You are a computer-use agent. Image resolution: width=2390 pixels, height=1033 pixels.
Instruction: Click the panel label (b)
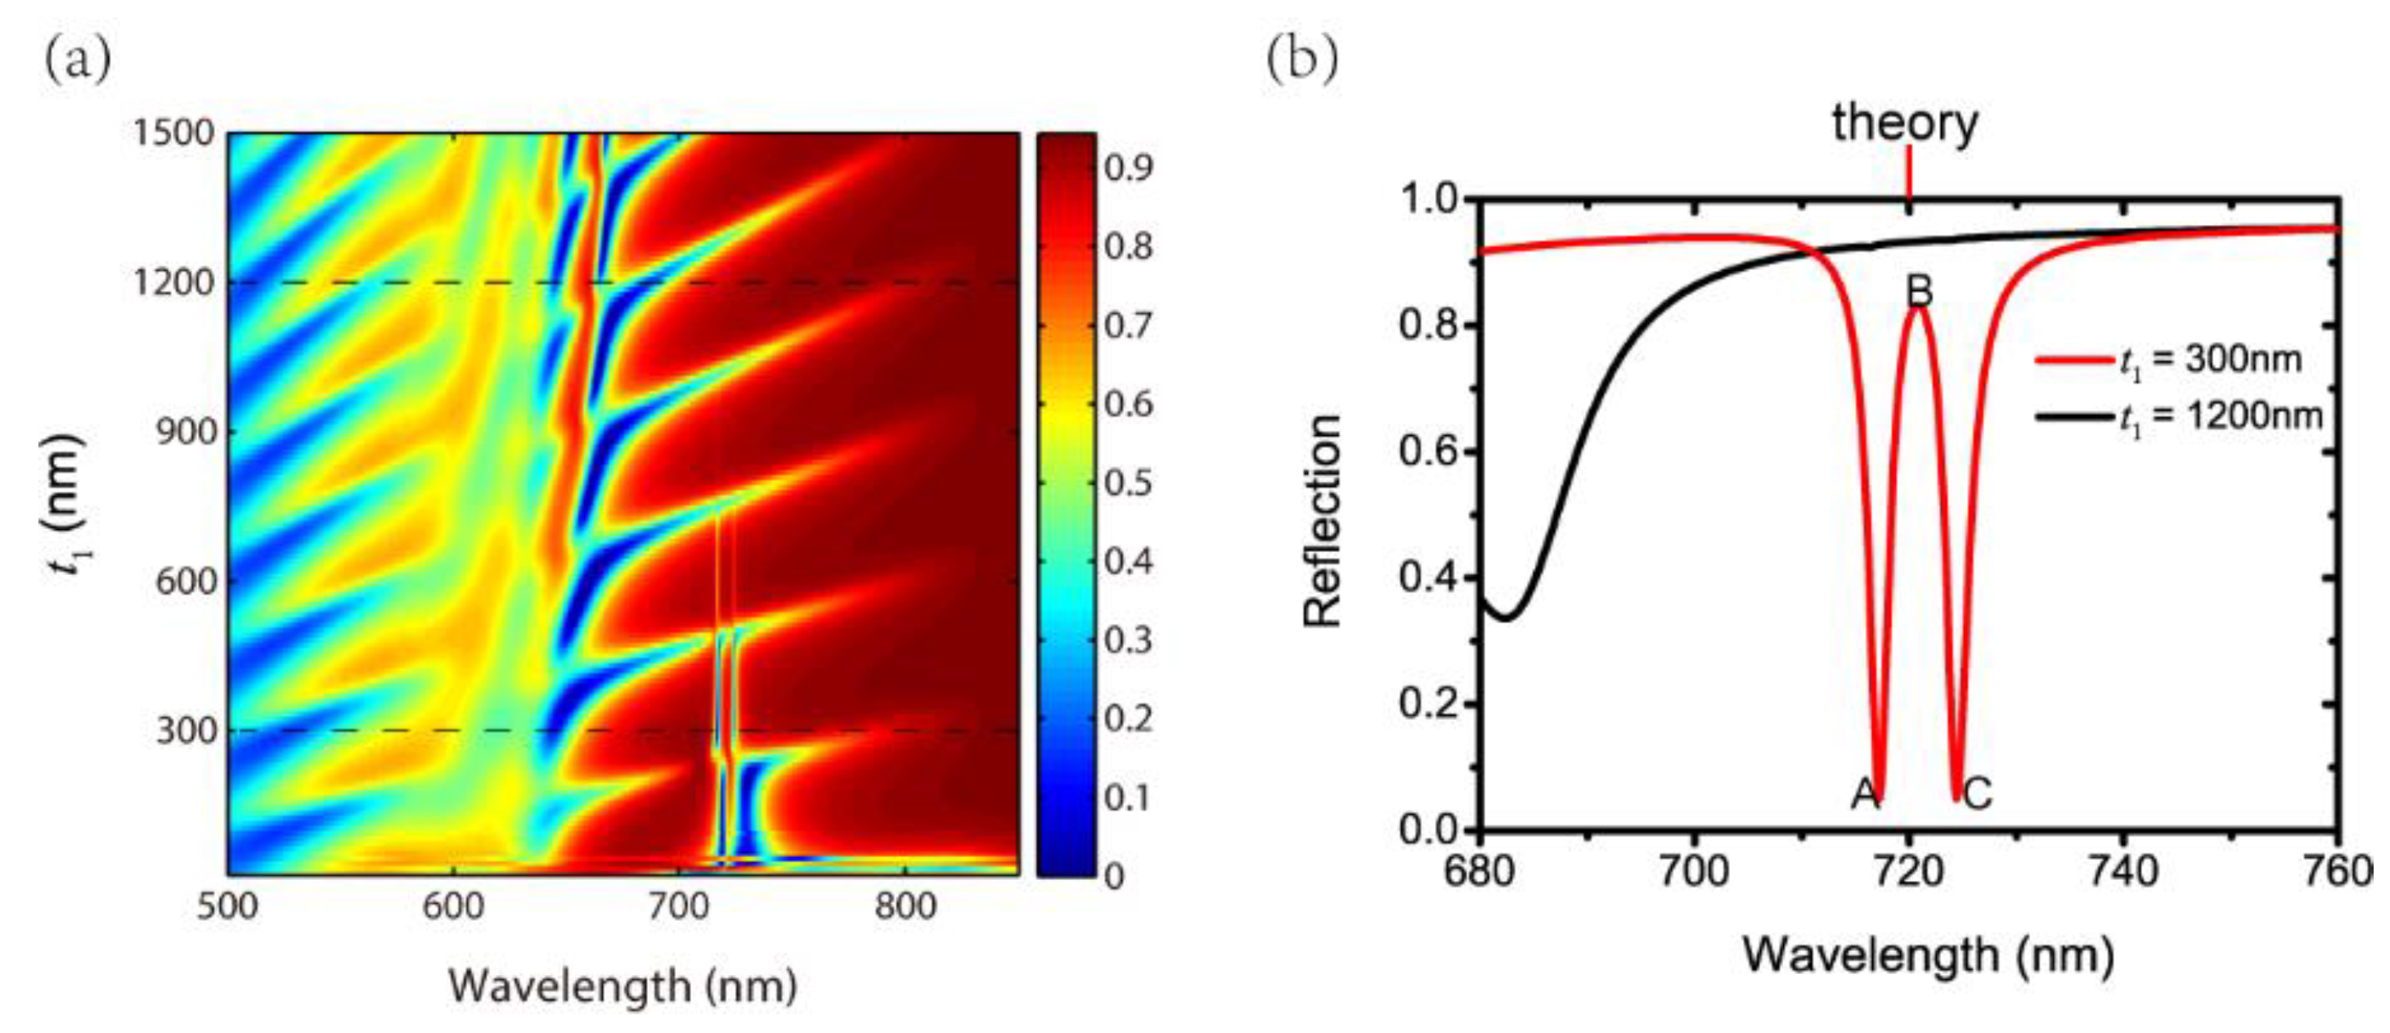pyautogui.click(x=1303, y=61)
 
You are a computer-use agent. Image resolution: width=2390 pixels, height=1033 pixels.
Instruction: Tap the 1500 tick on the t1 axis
pyautogui.click(x=173, y=132)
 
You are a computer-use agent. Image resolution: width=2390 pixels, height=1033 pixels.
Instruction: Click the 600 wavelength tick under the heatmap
pyautogui.click(x=453, y=905)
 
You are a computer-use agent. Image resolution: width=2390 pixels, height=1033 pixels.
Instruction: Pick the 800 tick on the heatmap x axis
pyautogui.click(x=905, y=905)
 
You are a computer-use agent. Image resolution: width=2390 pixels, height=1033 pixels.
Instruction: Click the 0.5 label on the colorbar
pyautogui.click(x=1129, y=483)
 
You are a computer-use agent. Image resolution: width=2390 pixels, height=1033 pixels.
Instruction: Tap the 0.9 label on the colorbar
pyautogui.click(x=1129, y=168)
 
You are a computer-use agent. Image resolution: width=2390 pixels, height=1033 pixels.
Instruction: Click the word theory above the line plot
pyautogui.click(x=1905, y=124)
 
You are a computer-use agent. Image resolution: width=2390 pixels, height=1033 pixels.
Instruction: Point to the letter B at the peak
pyautogui.click(x=1919, y=291)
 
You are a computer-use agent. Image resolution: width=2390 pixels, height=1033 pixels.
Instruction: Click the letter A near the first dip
pyautogui.click(x=1865, y=794)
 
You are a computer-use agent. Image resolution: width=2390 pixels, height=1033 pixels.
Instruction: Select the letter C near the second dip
pyautogui.click(x=1977, y=794)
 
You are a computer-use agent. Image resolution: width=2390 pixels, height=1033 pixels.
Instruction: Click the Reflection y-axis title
pyautogui.click(x=1322, y=521)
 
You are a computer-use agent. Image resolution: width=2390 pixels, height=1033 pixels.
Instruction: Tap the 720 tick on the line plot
pyautogui.click(x=1908, y=873)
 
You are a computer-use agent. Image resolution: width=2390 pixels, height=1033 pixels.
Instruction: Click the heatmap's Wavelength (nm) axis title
pyautogui.click(x=623, y=986)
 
